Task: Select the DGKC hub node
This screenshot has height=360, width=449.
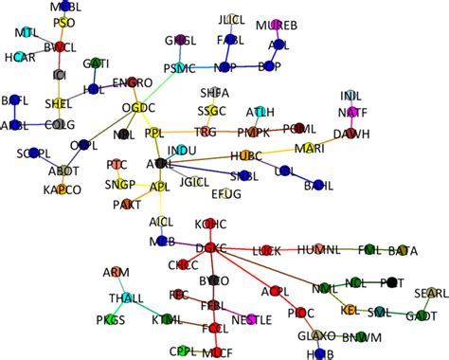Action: (211, 248)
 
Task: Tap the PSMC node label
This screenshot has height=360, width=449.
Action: (178, 68)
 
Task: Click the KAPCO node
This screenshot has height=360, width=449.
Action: (62, 189)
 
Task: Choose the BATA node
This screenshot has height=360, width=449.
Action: (402, 251)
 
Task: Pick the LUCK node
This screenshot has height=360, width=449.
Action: (268, 250)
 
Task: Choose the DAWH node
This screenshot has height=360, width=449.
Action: (351, 134)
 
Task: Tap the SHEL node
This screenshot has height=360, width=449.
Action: (59, 103)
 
